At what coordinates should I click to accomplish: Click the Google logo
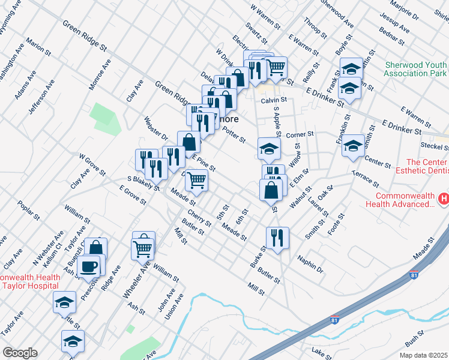click(20, 353)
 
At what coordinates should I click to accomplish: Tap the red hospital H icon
click(444, 198)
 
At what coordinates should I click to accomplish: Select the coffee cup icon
click(89, 266)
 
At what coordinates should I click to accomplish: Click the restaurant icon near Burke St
click(277, 237)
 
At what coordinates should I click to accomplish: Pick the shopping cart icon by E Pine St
click(197, 180)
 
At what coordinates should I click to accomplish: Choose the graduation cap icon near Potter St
click(270, 148)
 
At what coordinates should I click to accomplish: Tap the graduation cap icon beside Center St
click(354, 145)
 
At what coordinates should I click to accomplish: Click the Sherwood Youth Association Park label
click(415, 69)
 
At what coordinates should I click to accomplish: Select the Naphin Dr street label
click(310, 264)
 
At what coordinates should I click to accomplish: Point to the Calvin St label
click(273, 100)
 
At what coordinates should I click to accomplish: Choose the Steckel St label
click(432, 145)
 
